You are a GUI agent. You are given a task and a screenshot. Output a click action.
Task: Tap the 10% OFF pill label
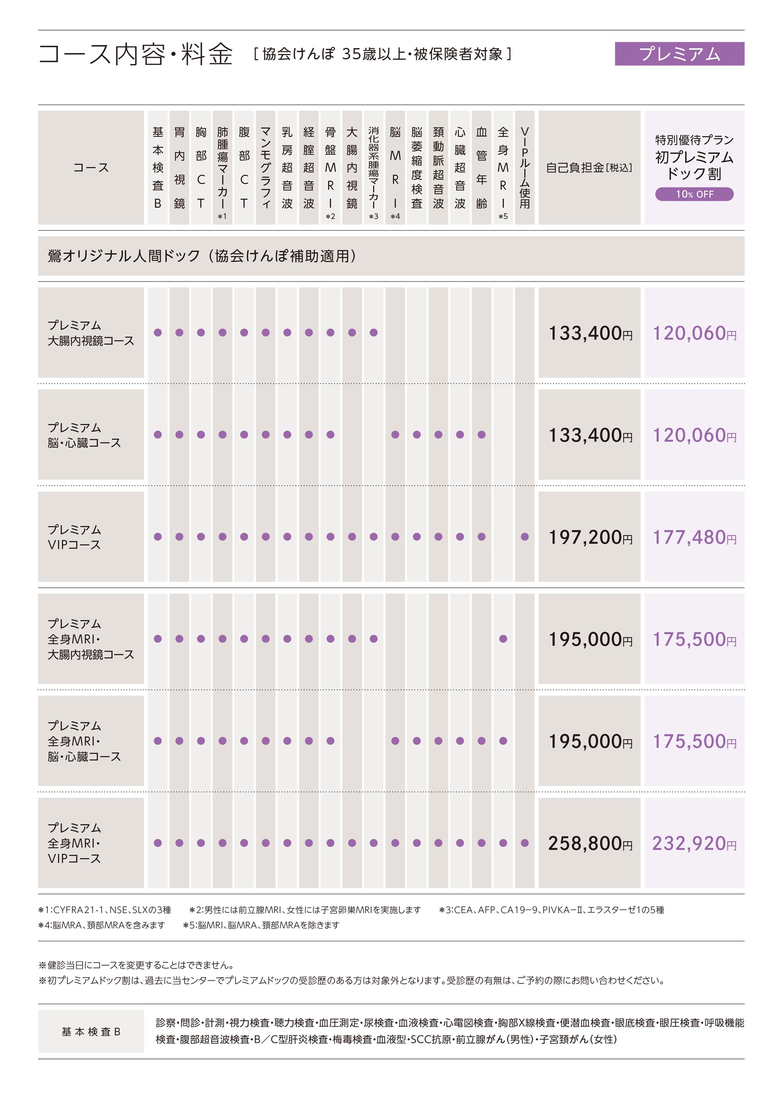[694, 194]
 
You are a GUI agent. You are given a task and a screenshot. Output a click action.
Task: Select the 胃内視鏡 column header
[179, 167]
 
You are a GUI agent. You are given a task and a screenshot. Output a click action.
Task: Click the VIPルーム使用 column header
[524, 167]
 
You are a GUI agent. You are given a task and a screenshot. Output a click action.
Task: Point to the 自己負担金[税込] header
[589, 167]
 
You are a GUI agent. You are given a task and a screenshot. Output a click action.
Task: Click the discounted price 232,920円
[694, 843]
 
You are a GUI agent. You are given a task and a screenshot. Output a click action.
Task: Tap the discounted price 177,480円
[694, 537]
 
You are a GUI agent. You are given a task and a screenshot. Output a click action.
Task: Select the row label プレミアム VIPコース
[75, 537]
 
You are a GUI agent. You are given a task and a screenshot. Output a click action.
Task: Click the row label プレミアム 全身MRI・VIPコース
[75, 843]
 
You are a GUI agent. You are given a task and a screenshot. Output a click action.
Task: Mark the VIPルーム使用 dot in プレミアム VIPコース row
[524, 537]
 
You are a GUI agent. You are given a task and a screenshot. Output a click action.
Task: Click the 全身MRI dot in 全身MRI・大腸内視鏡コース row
[503, 639]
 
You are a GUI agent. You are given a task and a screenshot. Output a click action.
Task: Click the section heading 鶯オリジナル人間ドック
[202, 256]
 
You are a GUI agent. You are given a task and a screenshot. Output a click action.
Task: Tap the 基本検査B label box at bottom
[91, 1031]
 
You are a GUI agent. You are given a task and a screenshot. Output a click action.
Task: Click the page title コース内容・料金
[135, 54]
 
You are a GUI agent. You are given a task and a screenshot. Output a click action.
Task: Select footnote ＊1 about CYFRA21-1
[105, 910]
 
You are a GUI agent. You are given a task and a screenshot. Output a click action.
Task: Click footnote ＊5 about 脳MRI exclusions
[262, 925]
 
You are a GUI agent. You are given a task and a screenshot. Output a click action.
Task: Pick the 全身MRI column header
[503, 167]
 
